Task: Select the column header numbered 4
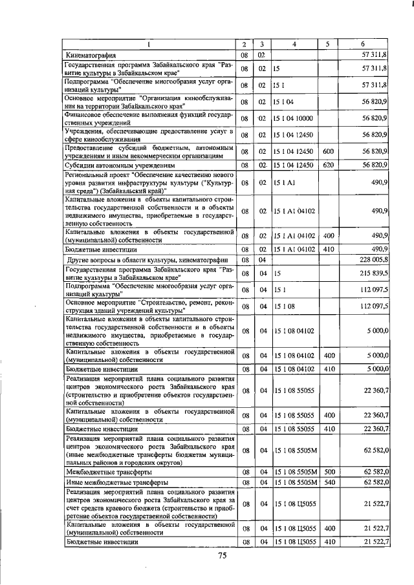coord(294,44)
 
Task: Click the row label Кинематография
coord(92,56)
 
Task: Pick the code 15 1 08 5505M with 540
coord(294,482)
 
